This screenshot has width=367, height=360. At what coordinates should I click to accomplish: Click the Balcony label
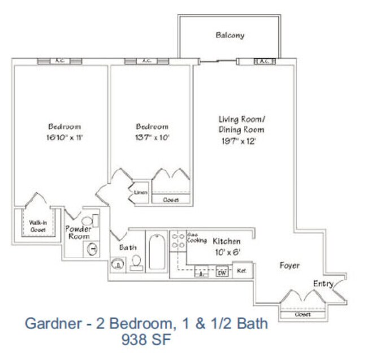[230, 35]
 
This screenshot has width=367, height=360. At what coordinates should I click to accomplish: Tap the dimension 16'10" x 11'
[64, 137]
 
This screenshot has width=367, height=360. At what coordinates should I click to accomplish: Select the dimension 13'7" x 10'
[151, 137]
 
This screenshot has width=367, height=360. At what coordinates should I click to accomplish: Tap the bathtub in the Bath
[157, 252]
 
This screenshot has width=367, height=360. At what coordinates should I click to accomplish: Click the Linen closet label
[141, 193]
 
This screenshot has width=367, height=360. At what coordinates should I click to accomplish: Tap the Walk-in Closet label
[38, 226]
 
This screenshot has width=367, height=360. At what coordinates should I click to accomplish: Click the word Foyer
[290, 265]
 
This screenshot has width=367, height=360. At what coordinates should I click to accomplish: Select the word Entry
[323, 284]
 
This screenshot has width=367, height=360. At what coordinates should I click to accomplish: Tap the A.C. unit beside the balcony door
[264, 61]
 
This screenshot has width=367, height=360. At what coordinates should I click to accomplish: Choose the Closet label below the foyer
[303, 314]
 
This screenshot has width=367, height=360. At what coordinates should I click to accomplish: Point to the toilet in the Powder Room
[88, 220]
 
